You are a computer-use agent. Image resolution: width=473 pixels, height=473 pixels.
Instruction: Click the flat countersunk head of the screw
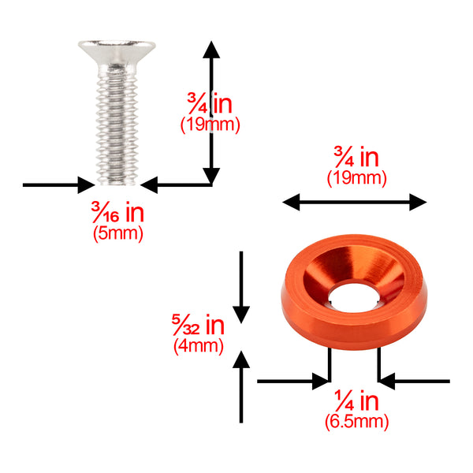tap(117, 51)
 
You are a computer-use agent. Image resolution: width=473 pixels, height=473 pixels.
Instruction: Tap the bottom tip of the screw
tap(117, 184)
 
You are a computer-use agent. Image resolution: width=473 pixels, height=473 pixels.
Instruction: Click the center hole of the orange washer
tap(354, 297)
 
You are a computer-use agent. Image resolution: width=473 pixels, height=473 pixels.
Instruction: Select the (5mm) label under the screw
tap(118, 233)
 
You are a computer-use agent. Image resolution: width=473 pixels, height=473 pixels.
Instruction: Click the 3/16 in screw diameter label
tap(117, 212)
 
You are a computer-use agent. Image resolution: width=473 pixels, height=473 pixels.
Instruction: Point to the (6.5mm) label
tap(356, 421)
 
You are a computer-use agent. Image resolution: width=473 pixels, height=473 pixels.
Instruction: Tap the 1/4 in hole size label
tap(356, 400)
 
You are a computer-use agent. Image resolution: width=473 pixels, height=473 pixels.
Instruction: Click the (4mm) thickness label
tap(199, 345)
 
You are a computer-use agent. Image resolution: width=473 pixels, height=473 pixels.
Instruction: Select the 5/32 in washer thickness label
tap(198, 325)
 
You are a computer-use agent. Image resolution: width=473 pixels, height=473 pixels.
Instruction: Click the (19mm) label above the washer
tap(357, 177)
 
